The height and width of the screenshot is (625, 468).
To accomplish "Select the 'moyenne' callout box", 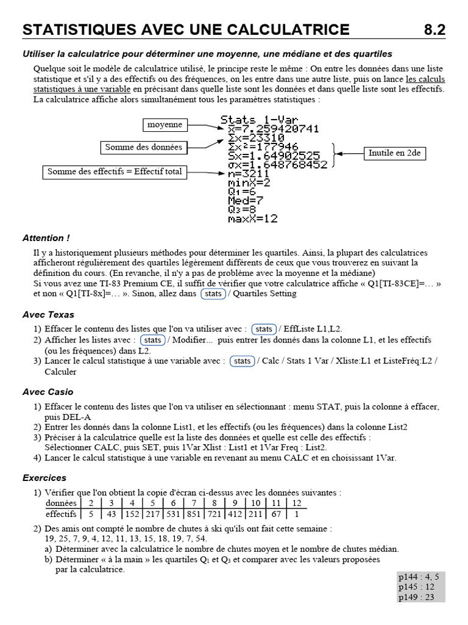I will click(165, 125).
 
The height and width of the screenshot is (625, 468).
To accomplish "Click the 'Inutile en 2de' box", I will click(394, 153).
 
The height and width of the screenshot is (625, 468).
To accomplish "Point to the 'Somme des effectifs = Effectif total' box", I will click(115, 172).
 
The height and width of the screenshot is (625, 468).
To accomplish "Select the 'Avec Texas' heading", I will click(48, 314).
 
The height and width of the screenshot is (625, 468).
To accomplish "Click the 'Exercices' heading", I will click(44, 477).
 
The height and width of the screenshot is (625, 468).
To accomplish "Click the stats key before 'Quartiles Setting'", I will click(213, 294).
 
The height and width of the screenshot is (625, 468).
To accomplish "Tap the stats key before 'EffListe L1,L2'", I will click(264, 329).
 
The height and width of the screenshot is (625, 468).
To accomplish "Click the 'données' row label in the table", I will click(62, 503).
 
